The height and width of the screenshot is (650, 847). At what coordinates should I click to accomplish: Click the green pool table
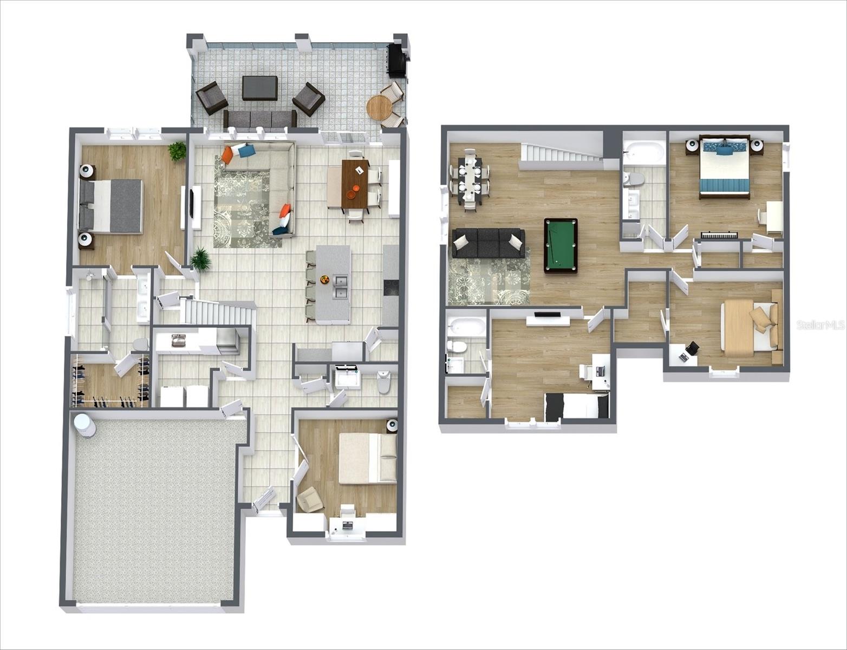pos(561,245)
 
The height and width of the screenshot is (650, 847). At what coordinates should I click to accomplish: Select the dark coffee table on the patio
pos(260,88)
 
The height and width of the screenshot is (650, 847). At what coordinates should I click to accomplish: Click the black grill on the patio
pos(397,61)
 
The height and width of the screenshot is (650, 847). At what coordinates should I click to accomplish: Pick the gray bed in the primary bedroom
pos(110,206)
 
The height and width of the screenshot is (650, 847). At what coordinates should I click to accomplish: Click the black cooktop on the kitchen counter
pos(391,289)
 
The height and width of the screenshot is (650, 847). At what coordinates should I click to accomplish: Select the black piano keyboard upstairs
pos(719,235)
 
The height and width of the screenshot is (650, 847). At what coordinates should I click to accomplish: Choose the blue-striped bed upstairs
pos(725,166)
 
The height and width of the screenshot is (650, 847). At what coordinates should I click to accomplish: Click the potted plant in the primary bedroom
pos(177,151)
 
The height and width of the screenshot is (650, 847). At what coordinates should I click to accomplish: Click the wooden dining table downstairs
pos(355,183)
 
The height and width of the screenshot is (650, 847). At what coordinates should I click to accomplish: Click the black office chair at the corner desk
pos(692,348)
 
